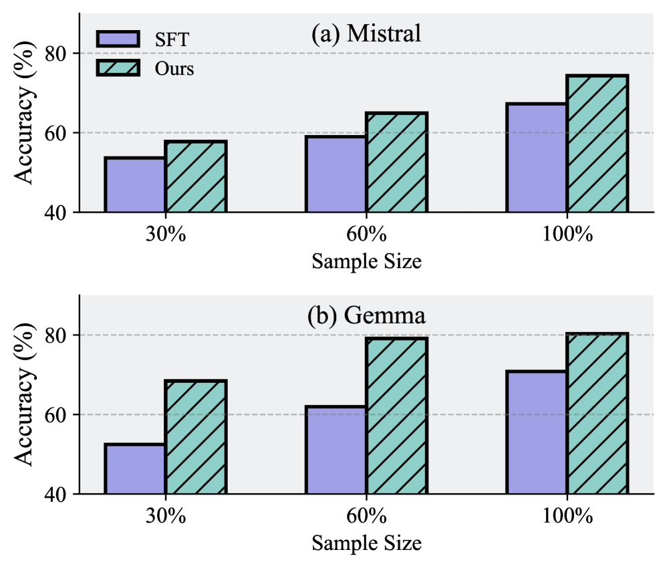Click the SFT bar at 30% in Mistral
[135, 185]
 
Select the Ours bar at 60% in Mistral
[396, 162]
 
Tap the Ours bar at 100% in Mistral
[597, 144]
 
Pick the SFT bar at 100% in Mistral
[536, 158]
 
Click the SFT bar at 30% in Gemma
[135, 469]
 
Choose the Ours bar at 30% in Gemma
[196, 437]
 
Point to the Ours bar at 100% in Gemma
[597, 414]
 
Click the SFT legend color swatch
[118, 39]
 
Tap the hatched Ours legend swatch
[118, 67]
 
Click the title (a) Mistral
[366, 33]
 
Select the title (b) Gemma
[366, 315]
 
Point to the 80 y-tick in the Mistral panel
[57, 53]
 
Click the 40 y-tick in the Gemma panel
[57, 494]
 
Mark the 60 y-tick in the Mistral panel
[57, 132]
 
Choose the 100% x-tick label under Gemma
[567, 516]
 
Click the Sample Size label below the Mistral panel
[366, 261]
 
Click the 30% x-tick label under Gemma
[166, 516]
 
